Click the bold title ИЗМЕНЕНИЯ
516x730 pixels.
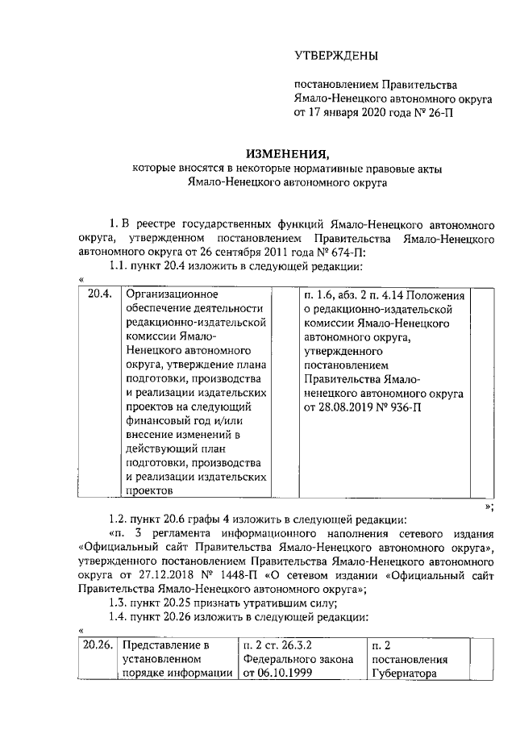288,153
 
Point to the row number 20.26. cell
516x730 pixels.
98,645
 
